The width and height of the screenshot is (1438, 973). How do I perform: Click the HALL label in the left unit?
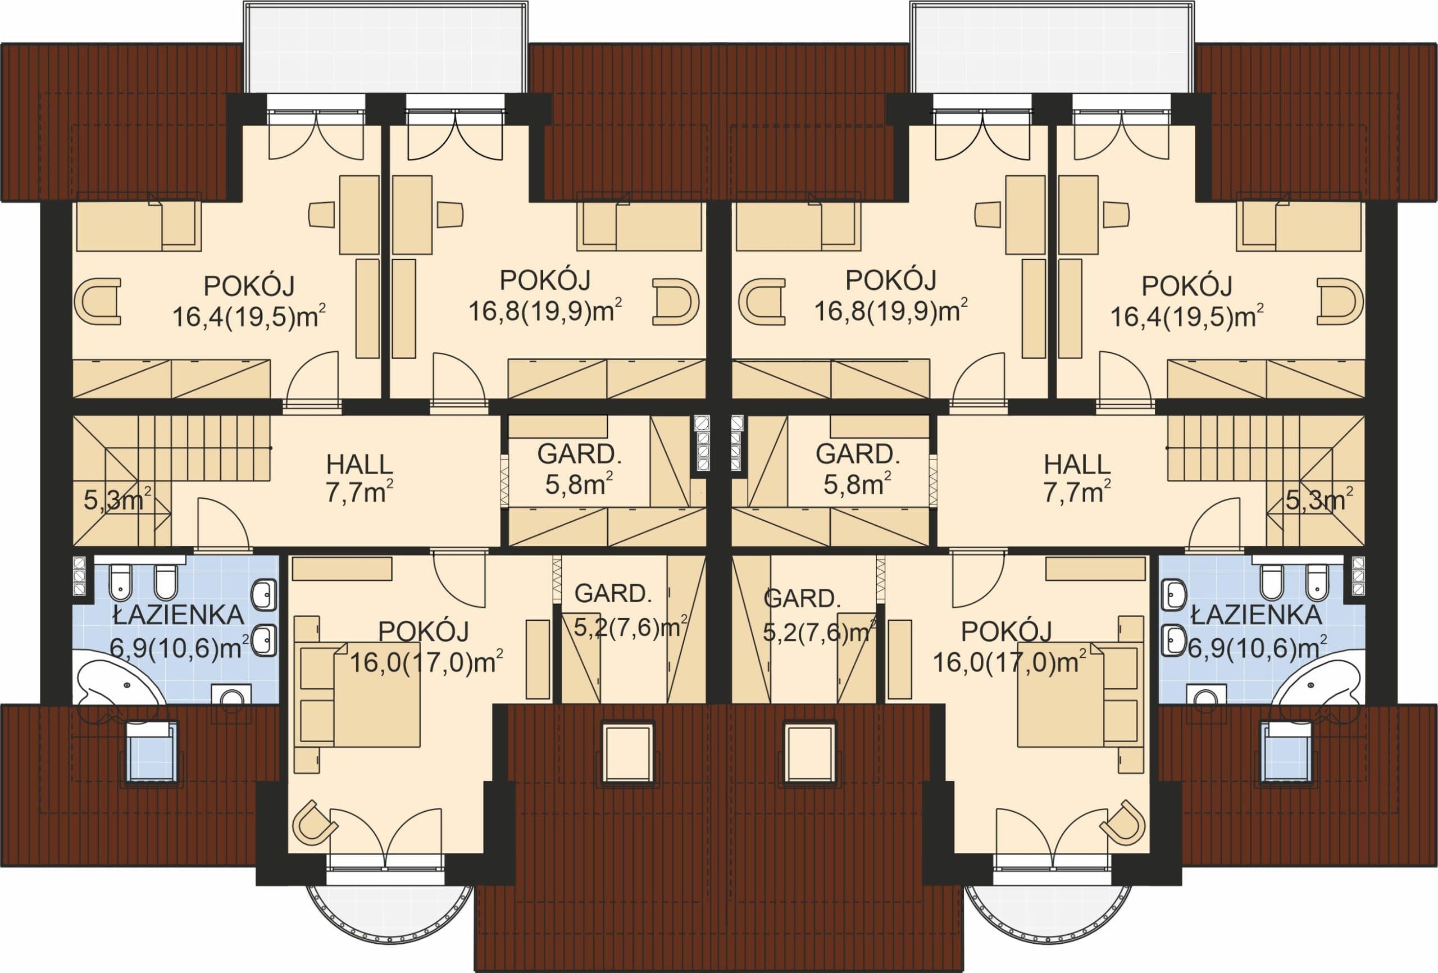click(359, 465)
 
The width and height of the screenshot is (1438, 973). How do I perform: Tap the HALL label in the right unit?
click(1077, 465)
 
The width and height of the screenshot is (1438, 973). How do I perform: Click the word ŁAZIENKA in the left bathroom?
click(179, 615)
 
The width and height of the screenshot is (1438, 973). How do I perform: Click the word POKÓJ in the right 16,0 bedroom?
click(1007, 632)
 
